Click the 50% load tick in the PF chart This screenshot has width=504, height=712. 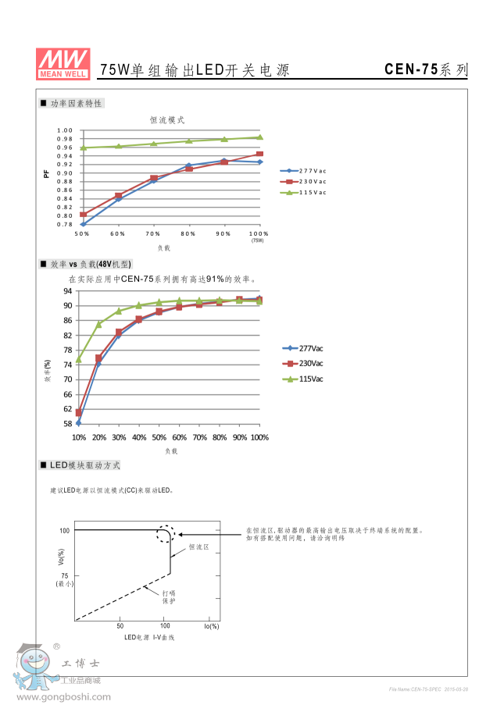[82, 233]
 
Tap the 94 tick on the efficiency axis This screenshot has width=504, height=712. [68, 290]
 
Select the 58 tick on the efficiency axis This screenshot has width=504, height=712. [68, 424]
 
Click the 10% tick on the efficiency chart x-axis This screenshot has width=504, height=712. [79, 437]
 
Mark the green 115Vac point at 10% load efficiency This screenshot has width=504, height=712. [79, 360]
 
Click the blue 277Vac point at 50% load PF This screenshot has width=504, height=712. [83, 223]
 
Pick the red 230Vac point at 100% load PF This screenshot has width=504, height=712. [260, 154]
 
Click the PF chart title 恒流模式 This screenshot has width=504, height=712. [167, 120]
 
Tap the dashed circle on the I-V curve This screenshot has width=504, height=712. [165, 535]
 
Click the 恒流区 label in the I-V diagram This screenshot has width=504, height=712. [199, 547]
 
